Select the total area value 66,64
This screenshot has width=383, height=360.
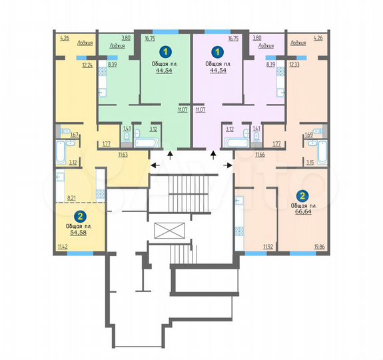(x=303, y=213)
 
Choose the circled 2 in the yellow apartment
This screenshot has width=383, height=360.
(x=81, y=216)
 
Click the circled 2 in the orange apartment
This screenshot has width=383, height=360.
(x=302, y=196)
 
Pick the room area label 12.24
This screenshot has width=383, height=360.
(x=87, y=65)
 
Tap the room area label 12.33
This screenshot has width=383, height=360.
(x=294, y=65)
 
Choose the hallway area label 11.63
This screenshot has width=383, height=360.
(x=123, y=155)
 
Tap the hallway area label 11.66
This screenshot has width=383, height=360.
(x=262, y=155)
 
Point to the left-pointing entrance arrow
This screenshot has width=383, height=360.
(x=154, y=166)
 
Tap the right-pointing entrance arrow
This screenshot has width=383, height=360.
(x=230, y=166)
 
